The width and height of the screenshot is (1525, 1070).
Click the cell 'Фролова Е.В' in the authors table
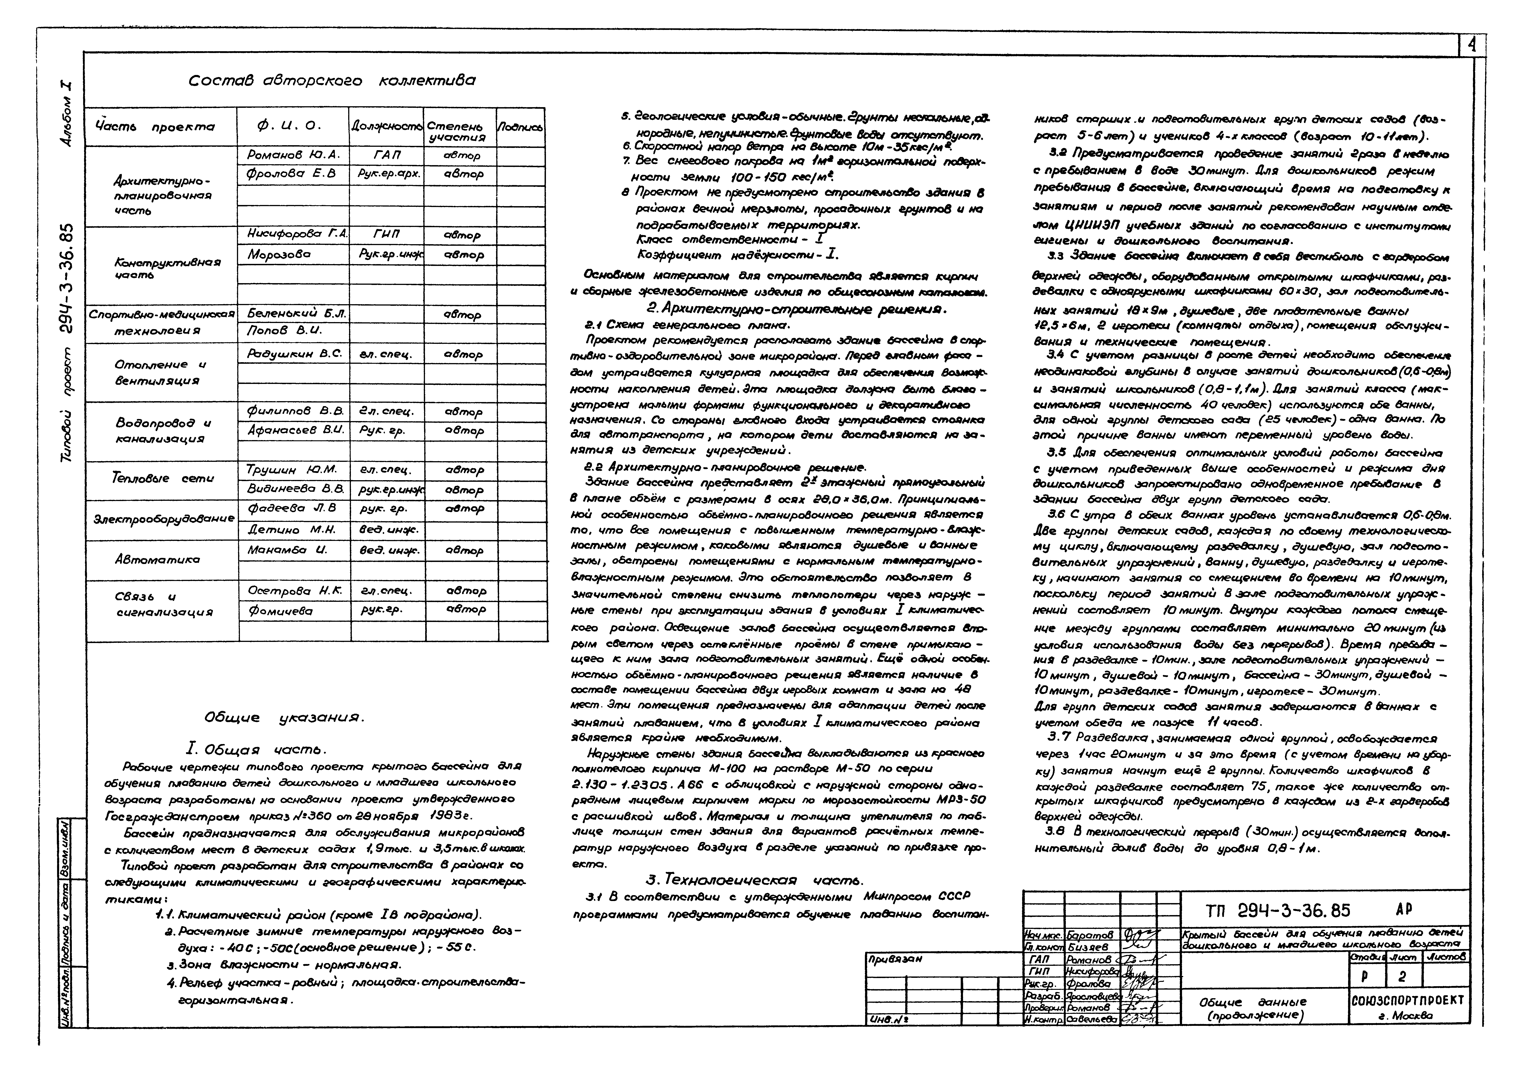click(x=291, y=174)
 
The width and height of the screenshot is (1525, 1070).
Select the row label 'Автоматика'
click(x=157, y=560)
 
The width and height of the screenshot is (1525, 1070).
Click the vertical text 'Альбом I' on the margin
click(x=67, y=114)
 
